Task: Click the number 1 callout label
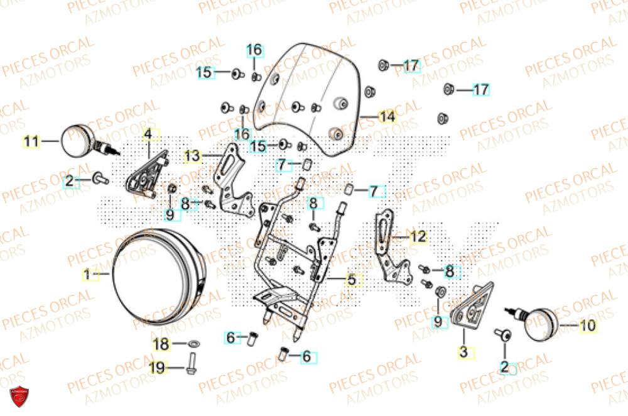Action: coord(87,275)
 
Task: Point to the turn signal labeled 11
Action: coord(79,141)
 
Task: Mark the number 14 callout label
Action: coord(387,117)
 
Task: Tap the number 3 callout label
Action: coord(463,353)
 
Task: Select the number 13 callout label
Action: coord(192,155)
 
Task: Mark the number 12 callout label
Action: coord(418,237)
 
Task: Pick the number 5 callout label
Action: coord(351,280)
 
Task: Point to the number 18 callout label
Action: coord(161,344)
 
